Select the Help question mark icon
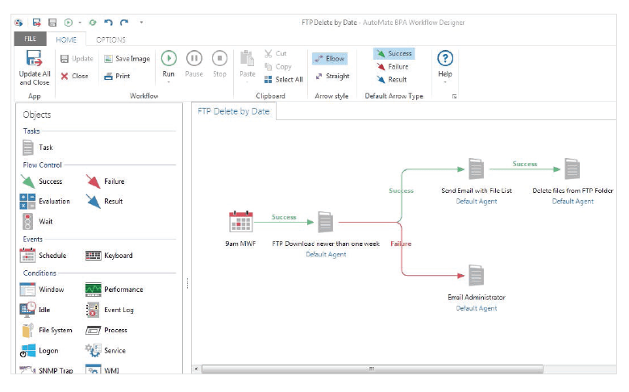coord(445,59)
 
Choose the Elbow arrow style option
coord(330,59)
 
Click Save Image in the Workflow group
coord(127,59)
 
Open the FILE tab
coord(30,39)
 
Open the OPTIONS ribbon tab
coord(110,40)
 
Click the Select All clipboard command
coord(284,79)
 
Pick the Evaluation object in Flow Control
coord(45,201)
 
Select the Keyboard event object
coord(109,255)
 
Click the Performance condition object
coord(115,289)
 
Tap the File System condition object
coord(47,330)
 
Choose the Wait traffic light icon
coord(27,221)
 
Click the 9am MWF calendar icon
coord(240,222)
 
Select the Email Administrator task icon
coord(476,275)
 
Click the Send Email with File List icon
coord(476,169)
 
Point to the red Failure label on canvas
coord(401,244)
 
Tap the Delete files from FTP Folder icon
coord(573,169)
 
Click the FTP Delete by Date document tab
coord(234,111)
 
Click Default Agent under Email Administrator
coord(476,308)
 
